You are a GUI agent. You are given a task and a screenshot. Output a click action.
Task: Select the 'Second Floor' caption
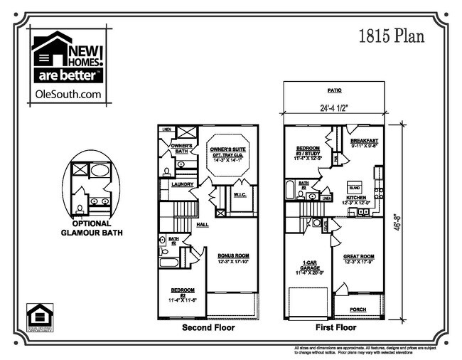[x=208, y=328]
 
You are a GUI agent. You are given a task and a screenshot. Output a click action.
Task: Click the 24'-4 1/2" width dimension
[x=333, y=109]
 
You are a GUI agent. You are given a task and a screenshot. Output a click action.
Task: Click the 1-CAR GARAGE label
[x=308, y=265]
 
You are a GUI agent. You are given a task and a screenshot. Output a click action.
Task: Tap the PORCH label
[x=360, y=309]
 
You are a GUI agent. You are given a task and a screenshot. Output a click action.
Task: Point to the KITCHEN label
[x=356, y=198]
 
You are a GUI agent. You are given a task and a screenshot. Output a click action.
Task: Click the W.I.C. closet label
[x=239, y=194]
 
